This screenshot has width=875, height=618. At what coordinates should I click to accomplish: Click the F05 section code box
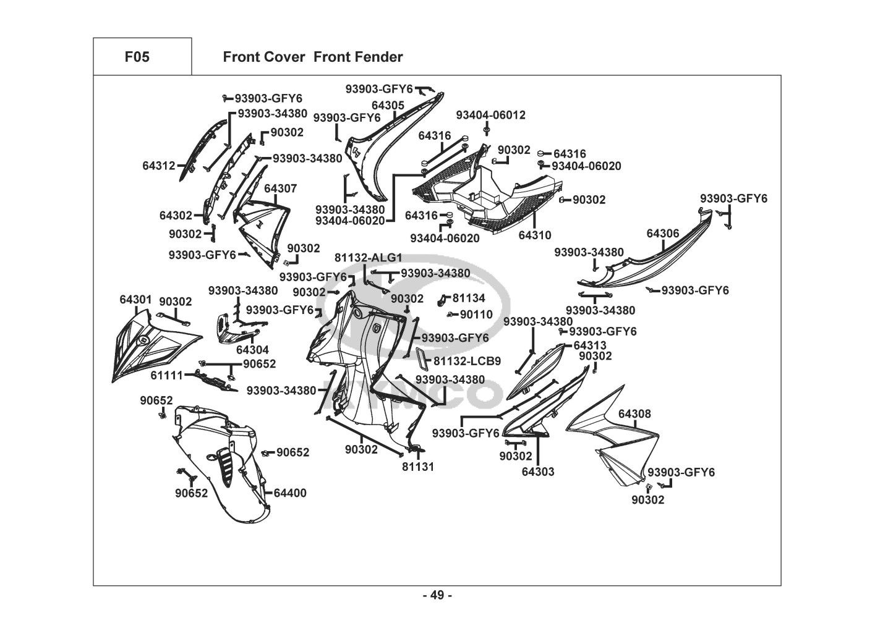(137, 57)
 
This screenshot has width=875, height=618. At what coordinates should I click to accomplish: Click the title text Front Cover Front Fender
(312, 57)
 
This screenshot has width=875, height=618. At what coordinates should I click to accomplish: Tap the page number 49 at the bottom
(437, 595)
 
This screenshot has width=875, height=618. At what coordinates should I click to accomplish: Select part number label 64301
(135, 300)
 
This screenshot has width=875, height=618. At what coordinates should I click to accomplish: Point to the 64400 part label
(289, 493)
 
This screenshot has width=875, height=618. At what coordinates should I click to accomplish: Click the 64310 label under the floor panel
(534, 235)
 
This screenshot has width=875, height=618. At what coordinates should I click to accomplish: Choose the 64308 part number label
(634, 414)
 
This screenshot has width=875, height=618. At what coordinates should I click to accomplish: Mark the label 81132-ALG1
(369, 258)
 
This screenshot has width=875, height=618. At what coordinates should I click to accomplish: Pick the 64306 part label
(663, 234)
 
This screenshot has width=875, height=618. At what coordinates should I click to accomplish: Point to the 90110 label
(476, 315)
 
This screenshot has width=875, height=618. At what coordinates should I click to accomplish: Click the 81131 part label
(418, 467)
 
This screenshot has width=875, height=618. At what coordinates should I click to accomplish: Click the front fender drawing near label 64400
(216, 457)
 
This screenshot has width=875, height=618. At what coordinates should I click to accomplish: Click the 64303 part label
(538, 472)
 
